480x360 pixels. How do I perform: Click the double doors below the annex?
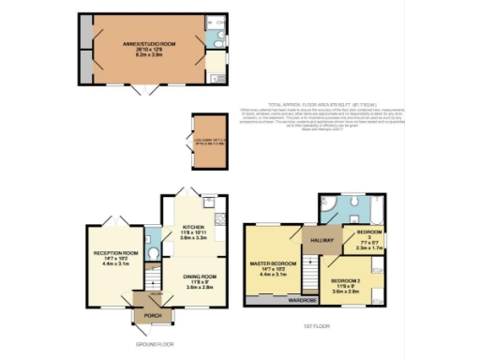(142, 89)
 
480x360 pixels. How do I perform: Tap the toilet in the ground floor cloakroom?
(153, 236)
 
